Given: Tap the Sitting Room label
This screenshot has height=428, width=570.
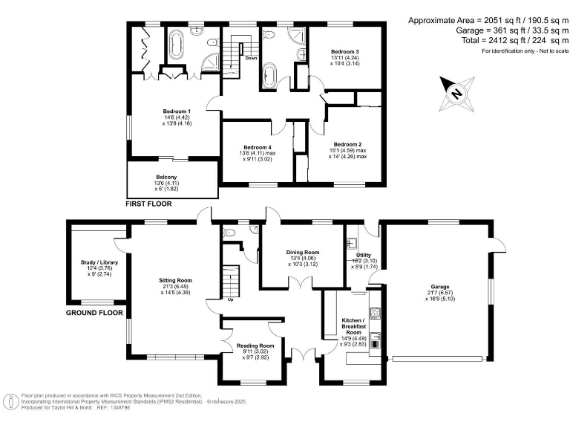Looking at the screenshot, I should [x=175, y=281].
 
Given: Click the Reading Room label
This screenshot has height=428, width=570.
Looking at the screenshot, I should [x=255, y=346].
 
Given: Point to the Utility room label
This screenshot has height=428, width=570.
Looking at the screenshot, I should [x=363, y=255].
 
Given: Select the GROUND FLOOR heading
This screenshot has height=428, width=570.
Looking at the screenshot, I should [x=94, y=313].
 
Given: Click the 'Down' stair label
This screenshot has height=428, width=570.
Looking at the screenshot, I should [x=251, y=57].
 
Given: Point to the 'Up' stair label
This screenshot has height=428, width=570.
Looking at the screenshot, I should [x=231, y=299].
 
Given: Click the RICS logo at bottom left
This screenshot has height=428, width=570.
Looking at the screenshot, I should [x=10, y=402].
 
